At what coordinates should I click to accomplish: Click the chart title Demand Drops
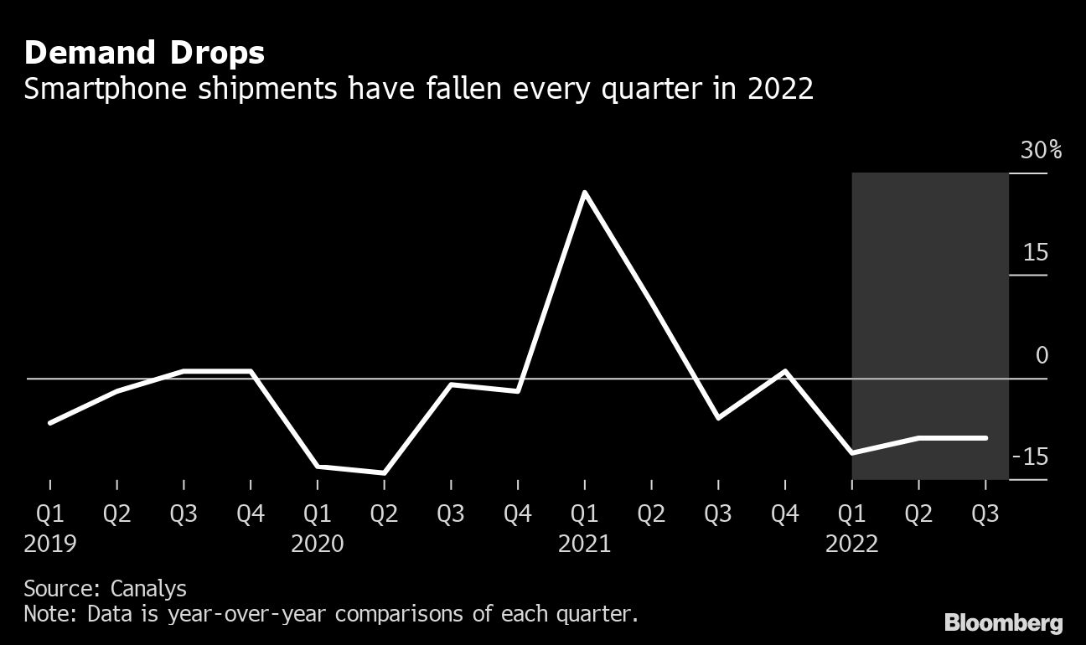click(x=144, y=54)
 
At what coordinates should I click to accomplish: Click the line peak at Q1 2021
click(x=584, y=193)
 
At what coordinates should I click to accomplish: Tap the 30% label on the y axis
click(x=1041, y=151)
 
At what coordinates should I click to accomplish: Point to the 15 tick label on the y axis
click(x=1036, y=252)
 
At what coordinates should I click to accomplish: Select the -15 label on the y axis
click(x=1031, y=457)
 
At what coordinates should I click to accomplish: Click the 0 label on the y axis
click(x=1042, y=355)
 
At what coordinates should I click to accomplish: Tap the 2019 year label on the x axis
click(x=50, y=544)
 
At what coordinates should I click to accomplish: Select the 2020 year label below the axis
click(x=318, y=544)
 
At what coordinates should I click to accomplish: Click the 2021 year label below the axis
click(x=584, y=544)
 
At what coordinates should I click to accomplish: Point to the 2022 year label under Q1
click(x=851, y=544)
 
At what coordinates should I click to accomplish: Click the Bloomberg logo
click(x=1003, y=622)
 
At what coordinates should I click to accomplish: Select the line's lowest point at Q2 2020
click(x=384, y=473)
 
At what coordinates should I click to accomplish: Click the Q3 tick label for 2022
click(x=985, y=513)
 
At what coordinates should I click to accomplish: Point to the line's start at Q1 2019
click(x=50, y=423)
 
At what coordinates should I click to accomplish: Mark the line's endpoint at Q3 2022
click(x=985, y=437)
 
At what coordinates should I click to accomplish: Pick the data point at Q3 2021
click(x=718, y=417)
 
